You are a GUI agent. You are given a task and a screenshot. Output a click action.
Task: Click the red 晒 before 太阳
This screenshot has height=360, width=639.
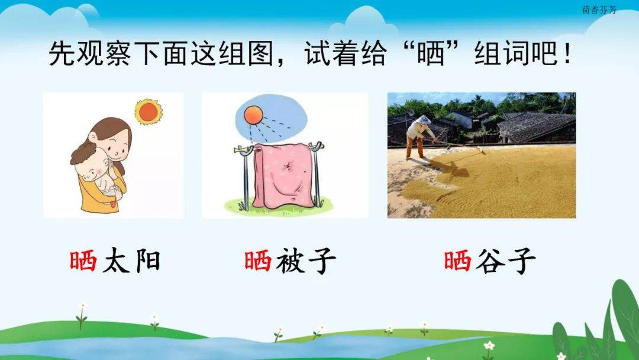tap(83, 261)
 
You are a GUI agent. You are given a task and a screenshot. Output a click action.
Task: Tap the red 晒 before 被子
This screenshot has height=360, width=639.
tap(258, 261)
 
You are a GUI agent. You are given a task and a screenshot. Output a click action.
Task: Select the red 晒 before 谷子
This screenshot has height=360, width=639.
tap(457, 261)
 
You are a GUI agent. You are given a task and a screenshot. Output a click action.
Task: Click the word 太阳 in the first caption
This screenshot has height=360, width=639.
tap(131, 261)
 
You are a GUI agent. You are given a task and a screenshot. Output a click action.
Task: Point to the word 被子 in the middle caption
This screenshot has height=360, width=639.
tap(306, 261)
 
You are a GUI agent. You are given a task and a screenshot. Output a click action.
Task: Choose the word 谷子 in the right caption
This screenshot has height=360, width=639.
tap(505, 261)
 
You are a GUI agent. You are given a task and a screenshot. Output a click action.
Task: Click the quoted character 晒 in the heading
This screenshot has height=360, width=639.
tap(430, 53)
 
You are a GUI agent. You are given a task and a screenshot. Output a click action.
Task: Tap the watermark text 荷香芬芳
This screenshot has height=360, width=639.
tap(599, 10)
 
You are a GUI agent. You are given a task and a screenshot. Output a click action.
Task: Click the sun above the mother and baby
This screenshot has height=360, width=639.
tap(149, 111)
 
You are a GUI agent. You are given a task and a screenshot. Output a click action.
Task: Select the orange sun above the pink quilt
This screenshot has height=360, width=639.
tap(253, 115)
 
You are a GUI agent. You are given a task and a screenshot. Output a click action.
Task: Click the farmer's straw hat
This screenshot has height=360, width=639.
tap(424, 120)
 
